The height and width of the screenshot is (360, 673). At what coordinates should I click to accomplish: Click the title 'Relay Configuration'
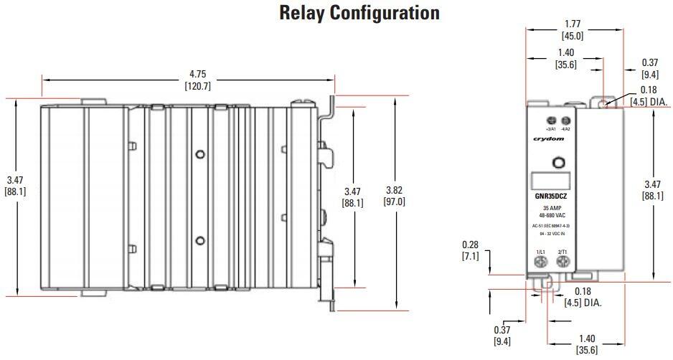click(359, 13)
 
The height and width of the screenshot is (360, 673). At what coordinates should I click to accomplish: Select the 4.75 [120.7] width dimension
click(194, 80)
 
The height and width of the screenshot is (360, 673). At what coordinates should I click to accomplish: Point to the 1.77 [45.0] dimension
click(573, 29)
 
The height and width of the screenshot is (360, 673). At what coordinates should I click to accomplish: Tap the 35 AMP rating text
click(551, 207)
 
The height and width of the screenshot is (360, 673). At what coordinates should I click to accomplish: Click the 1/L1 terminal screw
click(540, 262)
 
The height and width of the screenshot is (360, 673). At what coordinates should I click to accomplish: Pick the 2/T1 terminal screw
click(562, 262)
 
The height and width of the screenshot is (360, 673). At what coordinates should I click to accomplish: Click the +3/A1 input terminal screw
click(551, 120)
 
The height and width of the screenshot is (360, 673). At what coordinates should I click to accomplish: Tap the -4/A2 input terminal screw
click(566, 120)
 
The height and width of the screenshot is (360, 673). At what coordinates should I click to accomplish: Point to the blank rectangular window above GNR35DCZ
click(551, 181)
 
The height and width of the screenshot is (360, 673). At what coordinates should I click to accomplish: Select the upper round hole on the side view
click(200, 153)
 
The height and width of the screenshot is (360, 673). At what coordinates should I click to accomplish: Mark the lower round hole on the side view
click(200, 240)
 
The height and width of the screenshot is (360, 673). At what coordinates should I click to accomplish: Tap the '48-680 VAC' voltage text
click(551, 214)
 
